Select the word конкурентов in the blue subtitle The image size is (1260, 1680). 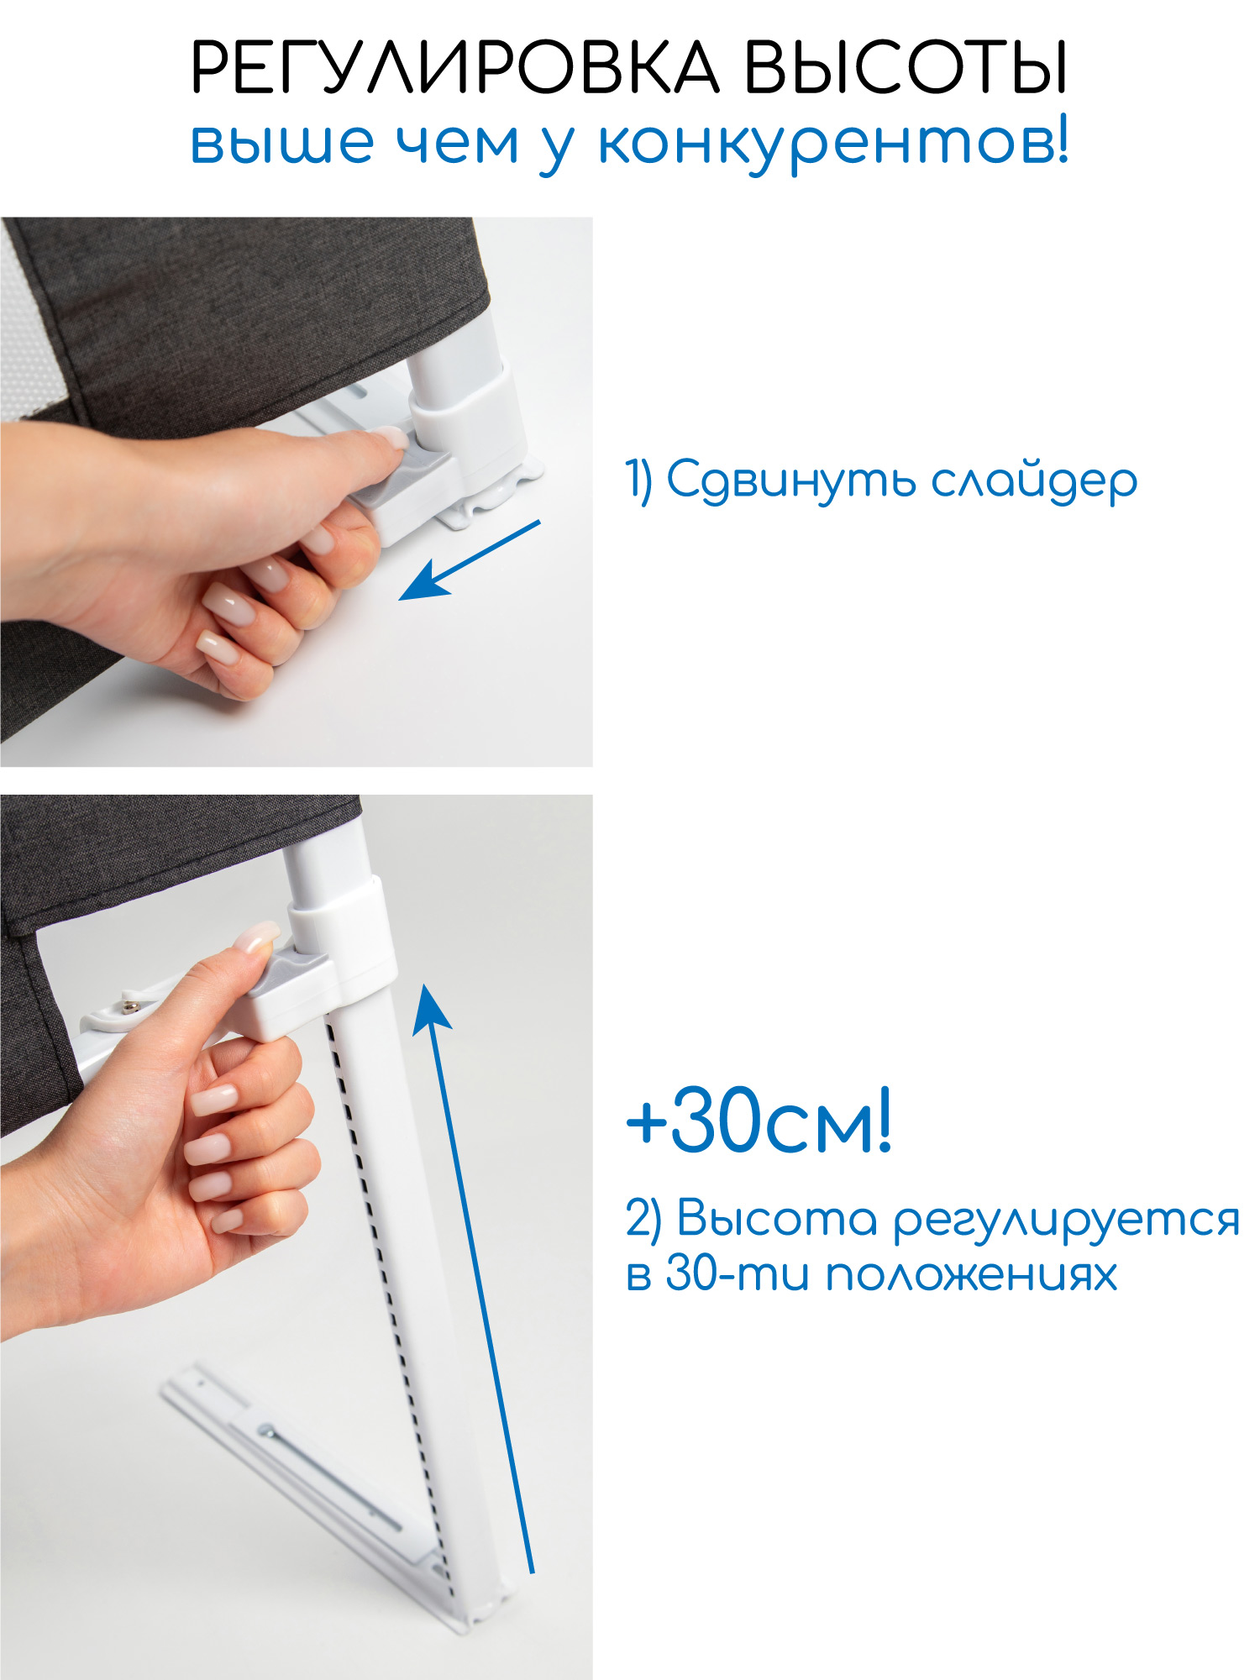point(834,144)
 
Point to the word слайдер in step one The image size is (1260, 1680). point(1034,482)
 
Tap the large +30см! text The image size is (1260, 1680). point(759,1120)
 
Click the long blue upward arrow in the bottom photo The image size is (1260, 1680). point(473,1276)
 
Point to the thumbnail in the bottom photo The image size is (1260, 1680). point(258,937)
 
